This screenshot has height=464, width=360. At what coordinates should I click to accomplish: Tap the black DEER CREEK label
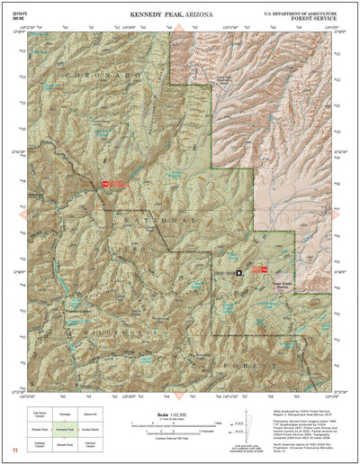coord(223,270)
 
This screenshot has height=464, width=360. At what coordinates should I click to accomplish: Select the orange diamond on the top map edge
coord(178,30)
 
